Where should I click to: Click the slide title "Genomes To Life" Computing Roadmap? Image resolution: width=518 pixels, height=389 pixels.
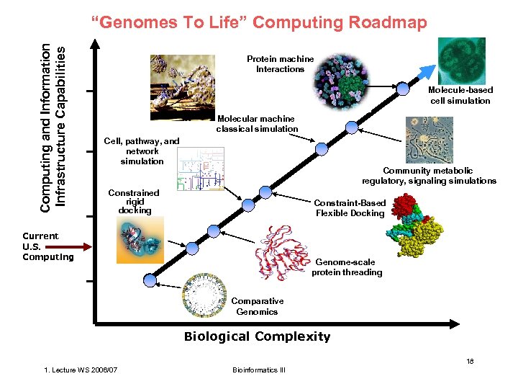(x=258, y=23)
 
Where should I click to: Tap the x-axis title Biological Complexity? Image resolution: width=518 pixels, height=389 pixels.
(x=257, y=336)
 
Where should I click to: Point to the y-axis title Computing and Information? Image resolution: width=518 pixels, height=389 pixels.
(x=46, y=127)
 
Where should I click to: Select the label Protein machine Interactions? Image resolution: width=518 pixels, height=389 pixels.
(x=280, y=64)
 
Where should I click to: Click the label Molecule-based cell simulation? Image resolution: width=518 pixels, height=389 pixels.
(x=460, y=95)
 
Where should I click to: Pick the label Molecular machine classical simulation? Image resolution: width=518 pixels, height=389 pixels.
(x=257, y=124)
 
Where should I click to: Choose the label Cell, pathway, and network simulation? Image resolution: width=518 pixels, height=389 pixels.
(x=142, y=151)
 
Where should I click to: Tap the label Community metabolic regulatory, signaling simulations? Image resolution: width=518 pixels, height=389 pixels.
(x=429, y=176)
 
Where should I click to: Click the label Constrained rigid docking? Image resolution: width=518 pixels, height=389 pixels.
(x=134, y=202)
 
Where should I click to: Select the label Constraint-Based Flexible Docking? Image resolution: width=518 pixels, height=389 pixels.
(x=350, y=208)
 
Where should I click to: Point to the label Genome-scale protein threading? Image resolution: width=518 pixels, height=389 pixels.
(x=347, y=268)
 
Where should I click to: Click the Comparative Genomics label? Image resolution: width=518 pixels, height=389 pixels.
(x=257, y=306)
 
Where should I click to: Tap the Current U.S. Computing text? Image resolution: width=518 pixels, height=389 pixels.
(x=47, y=246)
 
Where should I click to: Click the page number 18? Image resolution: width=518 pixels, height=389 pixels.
(x=469, y=359)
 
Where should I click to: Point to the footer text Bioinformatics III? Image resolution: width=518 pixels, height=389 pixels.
(x=259, y=370)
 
